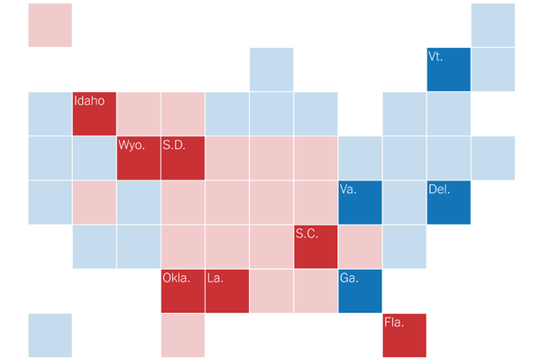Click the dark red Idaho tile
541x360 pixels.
(95, 114)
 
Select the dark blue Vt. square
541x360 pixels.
(448, 69)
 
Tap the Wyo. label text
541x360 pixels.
(132, 145)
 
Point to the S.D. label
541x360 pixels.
(174, 145)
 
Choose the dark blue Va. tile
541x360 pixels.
(360, 202)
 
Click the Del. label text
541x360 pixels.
(439, 189)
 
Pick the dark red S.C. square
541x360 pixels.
(316, 246)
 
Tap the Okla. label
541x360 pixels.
(177, 278)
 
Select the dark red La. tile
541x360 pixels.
(227, 291)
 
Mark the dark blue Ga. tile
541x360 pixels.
(360, 291)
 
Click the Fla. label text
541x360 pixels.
(394, 322)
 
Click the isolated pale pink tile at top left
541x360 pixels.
(50, 25)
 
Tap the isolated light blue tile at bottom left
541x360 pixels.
(50, 335)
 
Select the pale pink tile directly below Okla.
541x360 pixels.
(183, 335)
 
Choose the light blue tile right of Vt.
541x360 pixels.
(493, 69)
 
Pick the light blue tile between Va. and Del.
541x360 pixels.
(404, 202)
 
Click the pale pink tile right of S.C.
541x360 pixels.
(360, 246)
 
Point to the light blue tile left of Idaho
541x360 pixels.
(50, 114)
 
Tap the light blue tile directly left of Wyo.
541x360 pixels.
(95, 158)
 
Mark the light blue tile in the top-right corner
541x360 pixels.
(493, 25)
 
